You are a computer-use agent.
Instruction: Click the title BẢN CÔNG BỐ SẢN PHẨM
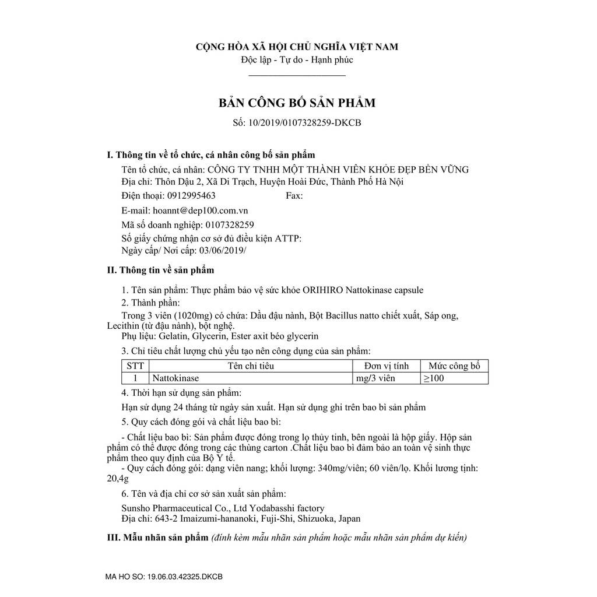click(x=297, y=103)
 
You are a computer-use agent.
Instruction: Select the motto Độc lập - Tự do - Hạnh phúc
click(x=297, y=59)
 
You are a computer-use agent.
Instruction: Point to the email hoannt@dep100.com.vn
click(x=203, y=210)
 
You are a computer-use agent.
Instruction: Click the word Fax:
click(x=294, y=196)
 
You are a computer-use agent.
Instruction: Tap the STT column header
click(x=135, y=366)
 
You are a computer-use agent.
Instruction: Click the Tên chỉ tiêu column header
click(x=251, y=366)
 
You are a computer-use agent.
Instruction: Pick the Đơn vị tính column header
click(x=387, y=366)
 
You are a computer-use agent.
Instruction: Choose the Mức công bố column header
click(x=454, y=366)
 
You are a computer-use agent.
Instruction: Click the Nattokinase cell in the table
click(x=175, y=378)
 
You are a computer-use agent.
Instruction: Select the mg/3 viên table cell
click(x=375, y=378)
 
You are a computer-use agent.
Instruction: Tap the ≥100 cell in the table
click(x=434, y=378)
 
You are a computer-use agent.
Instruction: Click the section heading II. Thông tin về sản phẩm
click(x=161, y=271)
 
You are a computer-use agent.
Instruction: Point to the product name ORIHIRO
click(x=326, y=289)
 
